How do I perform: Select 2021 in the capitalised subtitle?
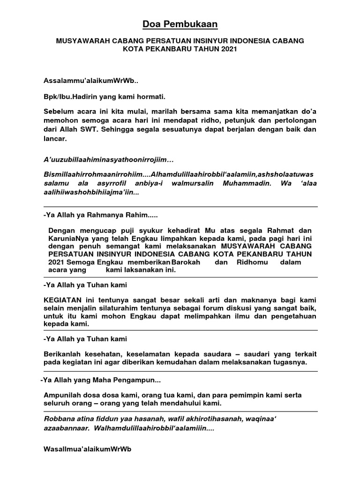(223, 49)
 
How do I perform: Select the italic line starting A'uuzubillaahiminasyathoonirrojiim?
(109, 160)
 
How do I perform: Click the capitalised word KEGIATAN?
(63, 299)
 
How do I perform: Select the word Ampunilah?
(62, 395)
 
